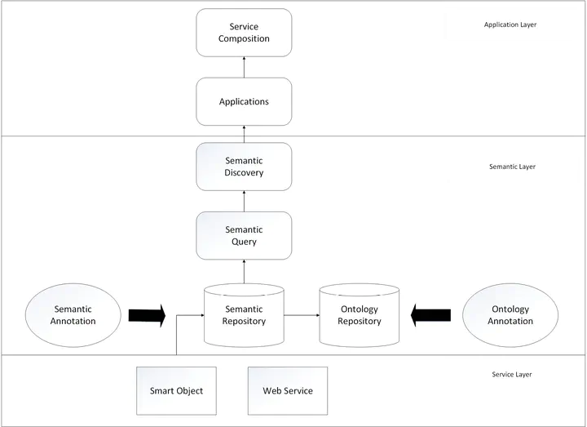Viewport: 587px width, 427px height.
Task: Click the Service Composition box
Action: tap(244, 33)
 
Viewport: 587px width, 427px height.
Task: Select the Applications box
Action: tap(244, 102)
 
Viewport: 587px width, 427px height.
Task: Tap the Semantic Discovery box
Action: tap(244, 167)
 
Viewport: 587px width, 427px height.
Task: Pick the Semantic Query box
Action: tap(244, 236)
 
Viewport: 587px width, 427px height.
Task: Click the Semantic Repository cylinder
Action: tap(244, 315)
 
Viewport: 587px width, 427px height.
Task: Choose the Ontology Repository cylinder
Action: tap(360, 315)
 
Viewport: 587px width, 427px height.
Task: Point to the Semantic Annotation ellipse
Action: tap(74, 315)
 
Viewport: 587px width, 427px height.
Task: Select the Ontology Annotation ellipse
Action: tap(510, 315)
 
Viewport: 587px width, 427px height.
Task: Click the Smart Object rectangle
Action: tap(176, 390)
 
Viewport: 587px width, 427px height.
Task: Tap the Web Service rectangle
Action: tap(288, 390)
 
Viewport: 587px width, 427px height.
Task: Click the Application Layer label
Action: tap(510, 25)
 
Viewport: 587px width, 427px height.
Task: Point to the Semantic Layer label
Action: tap(512, 167)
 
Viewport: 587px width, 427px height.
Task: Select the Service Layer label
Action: tap(513, 375)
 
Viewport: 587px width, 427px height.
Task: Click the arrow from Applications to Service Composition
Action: tap(244, 67)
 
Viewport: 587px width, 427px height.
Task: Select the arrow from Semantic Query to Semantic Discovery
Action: tap(244, 202)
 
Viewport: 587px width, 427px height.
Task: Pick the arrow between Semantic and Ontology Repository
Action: tap(302, 314)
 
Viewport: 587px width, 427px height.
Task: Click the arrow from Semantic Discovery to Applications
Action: tap(244, 134)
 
